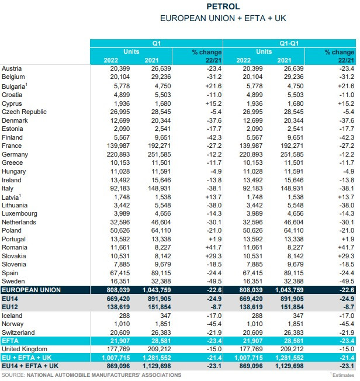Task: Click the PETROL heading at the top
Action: [223, 7]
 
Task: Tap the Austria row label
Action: [12, 68]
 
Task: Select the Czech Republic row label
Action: [24, 112]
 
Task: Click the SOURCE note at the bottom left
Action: [91, 375]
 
